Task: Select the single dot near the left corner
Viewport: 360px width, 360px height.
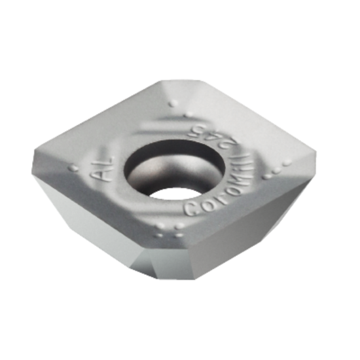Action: [x=73, y=168]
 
